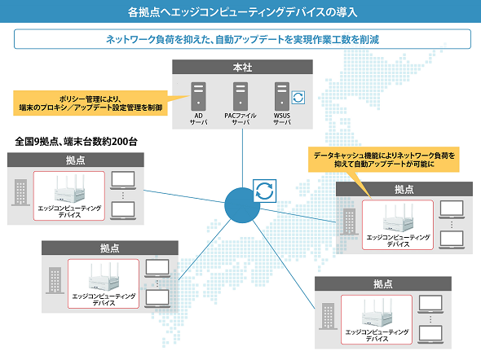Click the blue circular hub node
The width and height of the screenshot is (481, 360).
point(242,205)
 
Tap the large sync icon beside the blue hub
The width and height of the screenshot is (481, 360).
point(264,191)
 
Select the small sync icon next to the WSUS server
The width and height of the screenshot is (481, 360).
point(298,98)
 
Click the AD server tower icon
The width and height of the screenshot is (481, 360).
point(198,96)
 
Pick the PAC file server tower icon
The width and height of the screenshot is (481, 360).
point(240,96)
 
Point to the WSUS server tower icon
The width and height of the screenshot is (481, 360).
point(282,96)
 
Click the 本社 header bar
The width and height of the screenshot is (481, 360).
point(242,67)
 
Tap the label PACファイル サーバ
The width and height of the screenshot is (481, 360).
point(240,119)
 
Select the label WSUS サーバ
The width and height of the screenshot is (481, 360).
point(282,119)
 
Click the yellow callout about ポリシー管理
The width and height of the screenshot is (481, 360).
point(90,103)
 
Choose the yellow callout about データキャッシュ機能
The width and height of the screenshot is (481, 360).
point(384,160)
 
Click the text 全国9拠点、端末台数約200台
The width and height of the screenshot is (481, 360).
point(76,142)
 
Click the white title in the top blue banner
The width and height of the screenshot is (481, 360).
point(242,12)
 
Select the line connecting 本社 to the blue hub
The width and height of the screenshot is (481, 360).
point(242,158)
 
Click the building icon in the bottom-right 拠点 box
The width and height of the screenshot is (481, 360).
point(328,316)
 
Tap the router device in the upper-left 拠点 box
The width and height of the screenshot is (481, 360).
point(69,188)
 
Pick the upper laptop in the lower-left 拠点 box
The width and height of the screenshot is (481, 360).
point(157,268)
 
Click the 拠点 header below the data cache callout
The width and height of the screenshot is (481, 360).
point(404,189)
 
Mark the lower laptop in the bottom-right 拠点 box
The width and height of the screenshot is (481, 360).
point(430,335)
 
